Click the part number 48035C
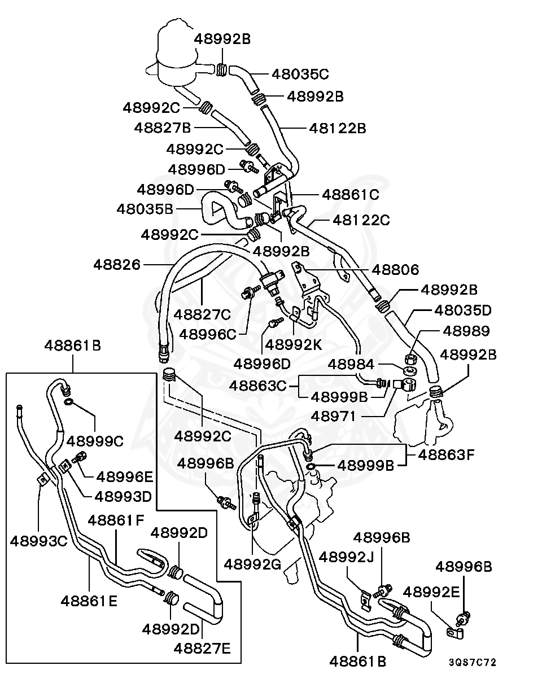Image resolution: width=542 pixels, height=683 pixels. coord(300,74)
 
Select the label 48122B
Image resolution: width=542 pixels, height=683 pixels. coord(337,128)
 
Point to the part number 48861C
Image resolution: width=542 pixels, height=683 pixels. coord(350,195)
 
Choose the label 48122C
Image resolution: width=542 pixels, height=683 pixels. coord(361,220)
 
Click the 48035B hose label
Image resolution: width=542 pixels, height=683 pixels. coord(145,209)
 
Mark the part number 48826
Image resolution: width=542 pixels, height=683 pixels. coord(117,264)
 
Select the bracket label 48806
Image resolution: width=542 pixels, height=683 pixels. coord(395,270)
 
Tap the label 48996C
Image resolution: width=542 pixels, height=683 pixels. coord(208,334)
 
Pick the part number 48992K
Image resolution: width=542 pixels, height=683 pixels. coord(292,344)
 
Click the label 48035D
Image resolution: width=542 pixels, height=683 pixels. coord(463,310)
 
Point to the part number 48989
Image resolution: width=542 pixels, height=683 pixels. coord(466,331)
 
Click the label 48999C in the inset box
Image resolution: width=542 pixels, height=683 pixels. coord(95,440)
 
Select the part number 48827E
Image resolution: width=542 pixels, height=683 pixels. coord(202,649)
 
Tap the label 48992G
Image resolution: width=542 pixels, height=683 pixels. coord(252,563)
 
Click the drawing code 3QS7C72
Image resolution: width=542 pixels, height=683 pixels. coord(473,662)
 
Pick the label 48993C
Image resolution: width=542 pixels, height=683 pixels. coord(38,541)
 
